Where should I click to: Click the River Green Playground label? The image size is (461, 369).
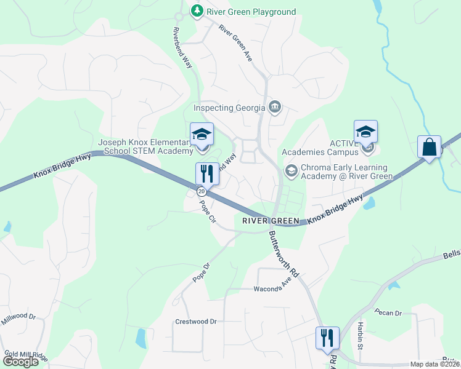point(251,12)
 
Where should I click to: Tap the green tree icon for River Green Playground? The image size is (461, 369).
point(197,11)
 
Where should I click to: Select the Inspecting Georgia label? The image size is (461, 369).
point(229,108)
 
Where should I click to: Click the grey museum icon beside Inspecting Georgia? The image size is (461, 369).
point(275,108)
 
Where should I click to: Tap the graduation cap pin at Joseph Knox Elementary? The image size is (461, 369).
point(202,135)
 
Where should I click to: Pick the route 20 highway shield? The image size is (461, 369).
point(202,191)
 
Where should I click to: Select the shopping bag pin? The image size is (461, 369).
point(429,148)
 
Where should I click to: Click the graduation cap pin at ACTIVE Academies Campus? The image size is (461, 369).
point(365,132)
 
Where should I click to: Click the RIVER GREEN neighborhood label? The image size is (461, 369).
point(271,221)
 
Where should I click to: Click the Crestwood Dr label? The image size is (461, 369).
point(196,322)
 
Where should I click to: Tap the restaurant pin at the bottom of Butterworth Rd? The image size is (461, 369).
point(327,337)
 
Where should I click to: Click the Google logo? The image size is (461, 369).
point(21,362)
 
